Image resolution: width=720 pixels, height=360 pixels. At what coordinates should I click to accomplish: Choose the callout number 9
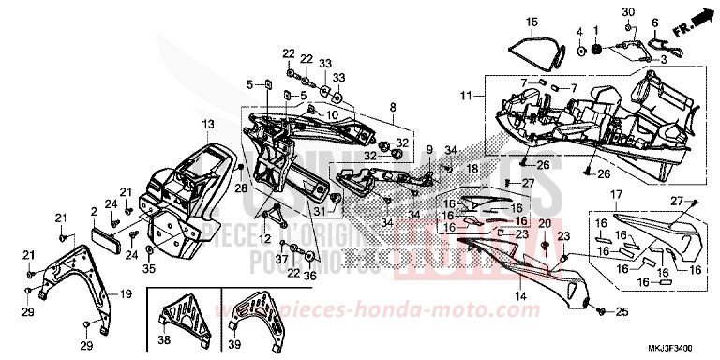coord(429,149)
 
